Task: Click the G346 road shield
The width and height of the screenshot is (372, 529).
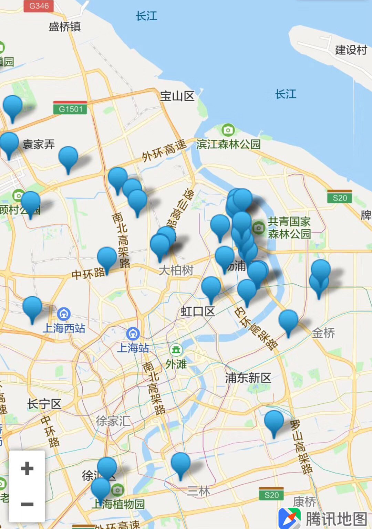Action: pos(39,6)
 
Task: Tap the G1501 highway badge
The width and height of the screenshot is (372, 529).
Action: pos(70,109)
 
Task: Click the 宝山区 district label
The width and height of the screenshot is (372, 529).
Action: pos(177,96)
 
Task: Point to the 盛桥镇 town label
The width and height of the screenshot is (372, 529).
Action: pos(64,27)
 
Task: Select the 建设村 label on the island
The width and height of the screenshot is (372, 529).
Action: pos(351,50)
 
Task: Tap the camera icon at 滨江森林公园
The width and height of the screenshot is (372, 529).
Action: pos(228,130)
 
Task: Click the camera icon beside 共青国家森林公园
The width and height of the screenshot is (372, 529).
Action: pos(258,228)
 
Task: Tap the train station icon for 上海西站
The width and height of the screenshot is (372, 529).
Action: pos(64,314)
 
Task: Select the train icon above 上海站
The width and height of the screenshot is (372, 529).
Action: pos(133,333)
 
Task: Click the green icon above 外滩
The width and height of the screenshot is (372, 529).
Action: pos(176,350)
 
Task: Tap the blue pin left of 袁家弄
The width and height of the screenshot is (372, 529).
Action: pos(9,143)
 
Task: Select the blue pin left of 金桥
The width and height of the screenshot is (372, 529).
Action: pos(288,321)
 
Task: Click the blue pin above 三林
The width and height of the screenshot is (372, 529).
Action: pos(180,464)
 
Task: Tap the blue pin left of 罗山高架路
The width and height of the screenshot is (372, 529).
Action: pos(274,421)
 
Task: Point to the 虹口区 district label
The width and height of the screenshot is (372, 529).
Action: pos(198,311)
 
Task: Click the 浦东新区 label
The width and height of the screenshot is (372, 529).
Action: pos(248,378)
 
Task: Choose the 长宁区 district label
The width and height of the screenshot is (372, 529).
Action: pos(44,404)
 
